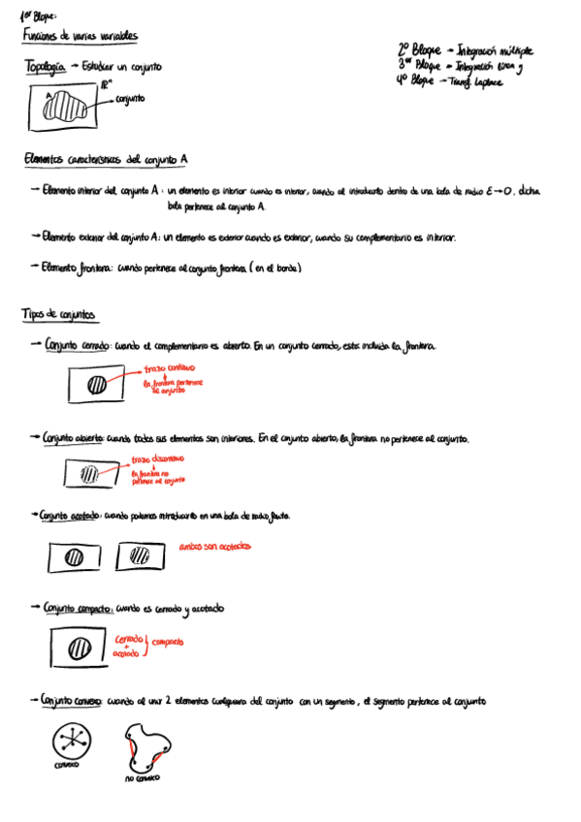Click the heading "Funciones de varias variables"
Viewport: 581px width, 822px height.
80,36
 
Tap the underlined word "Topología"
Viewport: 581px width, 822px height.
45,67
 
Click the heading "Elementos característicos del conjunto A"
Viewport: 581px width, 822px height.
106,160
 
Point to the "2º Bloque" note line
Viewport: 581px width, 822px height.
464,48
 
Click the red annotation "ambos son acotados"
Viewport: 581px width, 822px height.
214,548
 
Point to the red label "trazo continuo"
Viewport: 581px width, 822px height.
170,369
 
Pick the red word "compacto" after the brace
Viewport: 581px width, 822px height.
167,642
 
